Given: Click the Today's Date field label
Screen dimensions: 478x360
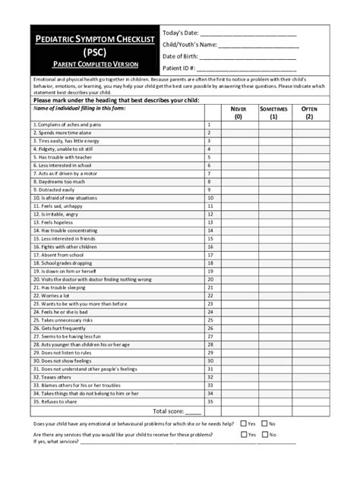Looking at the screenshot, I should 180,33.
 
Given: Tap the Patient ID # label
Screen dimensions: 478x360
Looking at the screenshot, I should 179,69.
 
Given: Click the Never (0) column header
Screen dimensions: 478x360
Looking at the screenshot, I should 238,113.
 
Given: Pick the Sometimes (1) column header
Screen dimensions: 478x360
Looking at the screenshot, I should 273,113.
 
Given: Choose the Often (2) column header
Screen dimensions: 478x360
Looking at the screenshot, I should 309,113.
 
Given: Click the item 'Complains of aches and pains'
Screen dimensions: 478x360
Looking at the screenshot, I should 67,124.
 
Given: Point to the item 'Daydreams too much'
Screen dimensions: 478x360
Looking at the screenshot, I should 58,182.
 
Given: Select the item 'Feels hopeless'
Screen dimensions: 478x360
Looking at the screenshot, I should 53,222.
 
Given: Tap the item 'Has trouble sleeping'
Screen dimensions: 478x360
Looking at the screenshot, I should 58,288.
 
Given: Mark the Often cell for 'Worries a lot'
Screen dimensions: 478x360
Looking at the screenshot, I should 309,296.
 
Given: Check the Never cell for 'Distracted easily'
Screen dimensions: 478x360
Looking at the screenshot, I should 238,190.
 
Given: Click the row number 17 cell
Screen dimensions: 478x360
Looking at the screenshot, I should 210,255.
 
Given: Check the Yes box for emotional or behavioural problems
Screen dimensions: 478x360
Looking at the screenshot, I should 243,423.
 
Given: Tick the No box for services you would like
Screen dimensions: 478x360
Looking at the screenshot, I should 264,435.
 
